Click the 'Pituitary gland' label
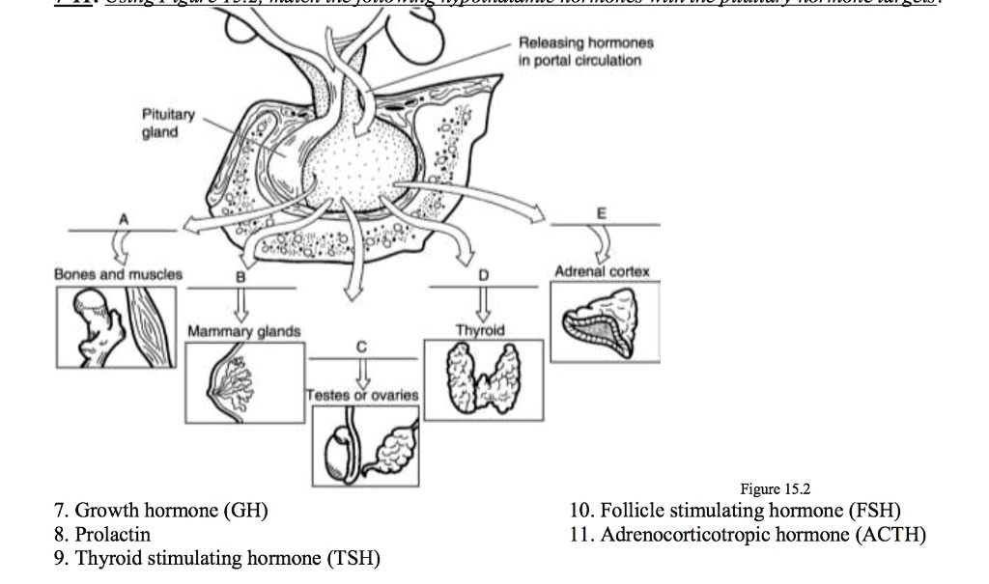pyautogui.click(x=169, y=124)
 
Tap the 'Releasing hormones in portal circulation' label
pyautogui.click(x=585, y=51)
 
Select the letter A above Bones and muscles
pyautogui.click(x=123, y=219)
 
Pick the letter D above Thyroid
pyautogui.click(x=483, y=276)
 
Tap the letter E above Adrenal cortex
pyautogui.click(x=604, y=212)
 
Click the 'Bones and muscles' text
pyautogui.click(x=118, y=274)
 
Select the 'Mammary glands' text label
pyautogui.click(x=243, y=331)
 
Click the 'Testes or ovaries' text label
pyautogui.click(x=362, y=395)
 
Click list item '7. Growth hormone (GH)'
pyautogui.click(x=161, y=511)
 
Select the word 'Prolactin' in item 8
pyautogui.click(x=113, y=534)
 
